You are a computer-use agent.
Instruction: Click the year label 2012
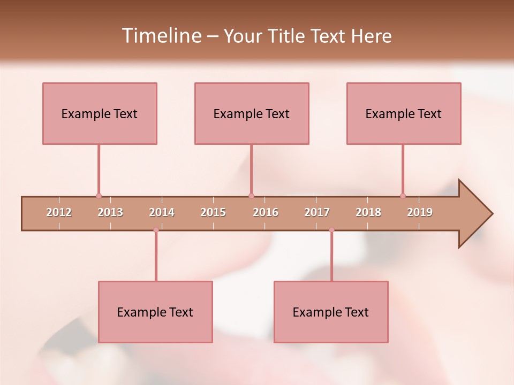(x=59, y=212)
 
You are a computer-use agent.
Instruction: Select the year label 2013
(x=110, y=212)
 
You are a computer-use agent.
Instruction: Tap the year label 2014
(x=162, y=212)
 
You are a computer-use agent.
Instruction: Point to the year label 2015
(x=213, y=212)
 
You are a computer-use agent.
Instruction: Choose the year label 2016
(x=266, y=212)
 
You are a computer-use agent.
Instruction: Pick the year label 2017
(x=317, y=212)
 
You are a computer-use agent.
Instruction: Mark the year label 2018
(x=368, y=212)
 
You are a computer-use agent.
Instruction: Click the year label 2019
(x=420, y=212)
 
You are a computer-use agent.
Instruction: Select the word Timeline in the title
(x=161, y=36)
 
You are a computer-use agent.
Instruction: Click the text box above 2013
(x=100, y=113)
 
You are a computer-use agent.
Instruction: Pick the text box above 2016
(x=252, y=113)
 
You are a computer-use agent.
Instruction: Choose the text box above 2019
(x=404, y=113)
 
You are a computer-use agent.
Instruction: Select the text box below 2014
(x=155, y=312)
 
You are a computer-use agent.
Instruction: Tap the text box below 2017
(x=331, y=312)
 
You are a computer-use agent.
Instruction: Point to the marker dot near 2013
(x=99, y=196)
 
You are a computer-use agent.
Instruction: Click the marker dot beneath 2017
(x=331, y=230)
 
